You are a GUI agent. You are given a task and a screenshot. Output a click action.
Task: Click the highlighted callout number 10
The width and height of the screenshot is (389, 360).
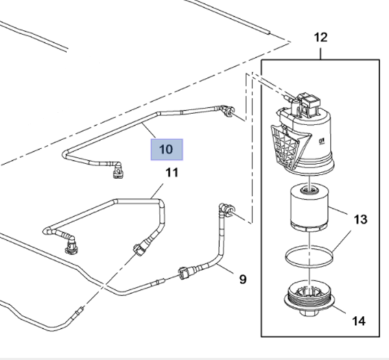[x=167, y=149]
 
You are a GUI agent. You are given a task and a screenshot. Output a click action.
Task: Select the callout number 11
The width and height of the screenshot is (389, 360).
[x=171, y=173]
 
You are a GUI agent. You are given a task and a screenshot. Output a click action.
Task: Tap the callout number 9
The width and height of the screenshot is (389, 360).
[x=242, y=280]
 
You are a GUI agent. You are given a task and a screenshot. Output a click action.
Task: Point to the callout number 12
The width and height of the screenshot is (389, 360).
[x=321, y=37]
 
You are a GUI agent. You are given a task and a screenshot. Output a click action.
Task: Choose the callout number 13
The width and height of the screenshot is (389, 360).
[x=361, y=219]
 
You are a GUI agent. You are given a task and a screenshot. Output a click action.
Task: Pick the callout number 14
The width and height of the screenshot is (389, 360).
[x=359, y=320]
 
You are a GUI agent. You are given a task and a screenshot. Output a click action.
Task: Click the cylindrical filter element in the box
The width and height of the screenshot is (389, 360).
[x=309, y=207]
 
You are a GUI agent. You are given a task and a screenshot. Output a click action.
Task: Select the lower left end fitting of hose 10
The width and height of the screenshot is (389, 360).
[x=117, y=170]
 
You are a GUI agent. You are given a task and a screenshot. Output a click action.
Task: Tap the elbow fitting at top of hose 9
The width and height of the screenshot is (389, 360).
[x=227, y=210]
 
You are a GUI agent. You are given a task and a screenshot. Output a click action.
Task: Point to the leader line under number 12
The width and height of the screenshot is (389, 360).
[x=321, y=51]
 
